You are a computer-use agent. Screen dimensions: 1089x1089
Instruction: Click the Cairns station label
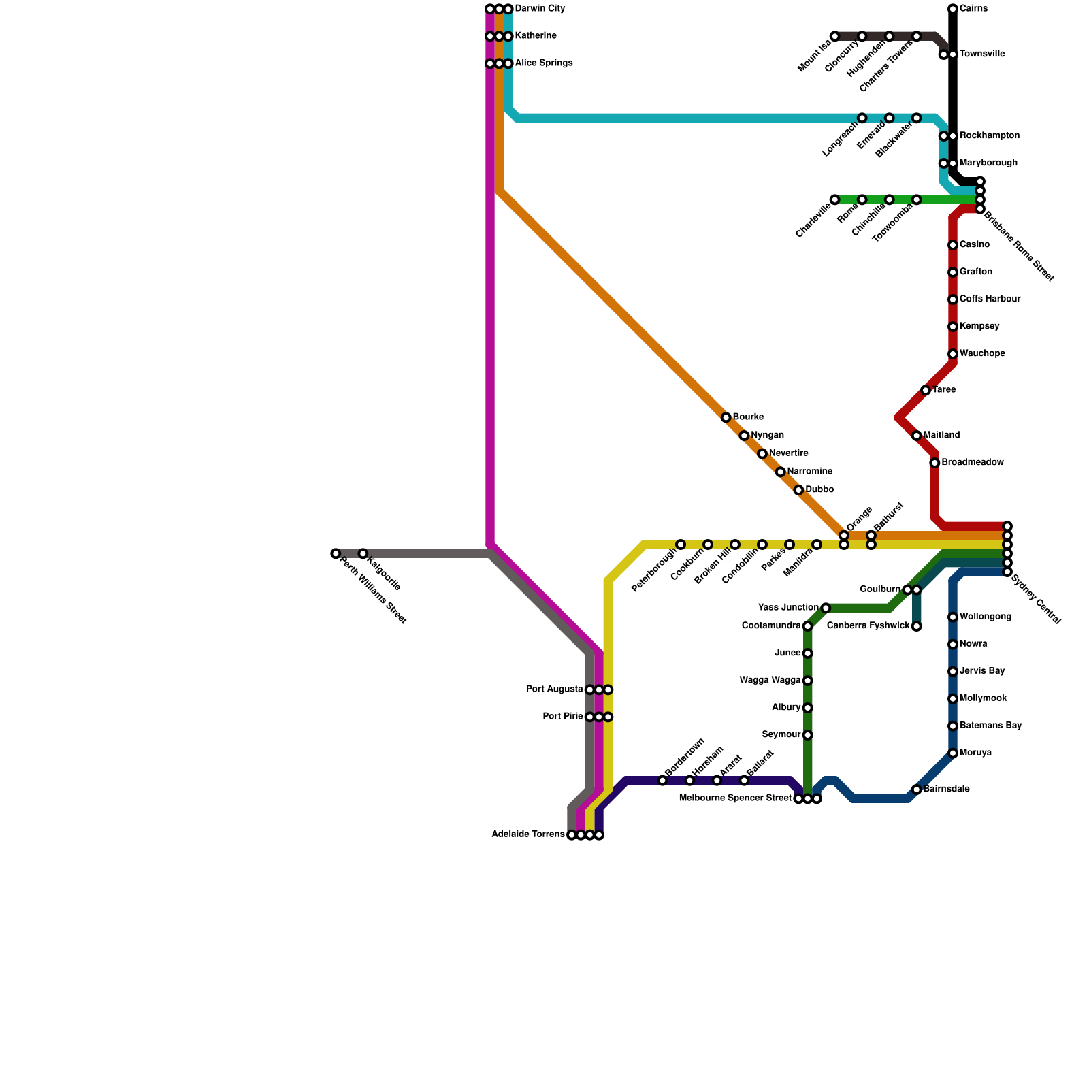[x=973, y=9]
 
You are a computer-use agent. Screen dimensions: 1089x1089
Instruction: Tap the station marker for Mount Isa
[x=835, y=36]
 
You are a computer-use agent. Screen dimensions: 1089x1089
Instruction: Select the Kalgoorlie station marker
[x=363, y=553]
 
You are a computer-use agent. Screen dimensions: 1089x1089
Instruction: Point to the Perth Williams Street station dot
[x=336, y=553]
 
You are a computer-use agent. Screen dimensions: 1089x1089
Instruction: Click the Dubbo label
[x=819, y=489]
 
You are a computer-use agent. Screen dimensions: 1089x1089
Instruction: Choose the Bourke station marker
[x=726, y=417]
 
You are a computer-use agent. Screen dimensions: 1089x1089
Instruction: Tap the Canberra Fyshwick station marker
[x=917, y=626]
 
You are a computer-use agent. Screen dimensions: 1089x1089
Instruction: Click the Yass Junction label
[x=788, y=608]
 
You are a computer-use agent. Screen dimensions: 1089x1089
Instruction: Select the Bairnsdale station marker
[x=917, y=790]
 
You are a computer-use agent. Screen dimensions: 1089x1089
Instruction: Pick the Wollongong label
[x=986, y=617]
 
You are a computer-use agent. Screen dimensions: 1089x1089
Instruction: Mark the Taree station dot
[x=926, y=390]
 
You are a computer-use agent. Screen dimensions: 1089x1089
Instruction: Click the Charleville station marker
[x=835, y=199]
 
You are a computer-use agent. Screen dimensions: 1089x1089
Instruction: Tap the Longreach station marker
[x=862, y=118]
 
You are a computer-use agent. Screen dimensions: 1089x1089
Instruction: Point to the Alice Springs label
[x=544, y=63]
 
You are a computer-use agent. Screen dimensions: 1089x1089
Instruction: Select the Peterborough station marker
[x=681, y=544]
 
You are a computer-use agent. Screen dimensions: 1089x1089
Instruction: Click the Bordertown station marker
[x=663, y=781]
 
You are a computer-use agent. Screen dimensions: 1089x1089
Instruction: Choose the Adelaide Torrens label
[x=528, y=834]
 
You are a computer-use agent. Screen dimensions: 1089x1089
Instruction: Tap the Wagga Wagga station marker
[x=808, y=681]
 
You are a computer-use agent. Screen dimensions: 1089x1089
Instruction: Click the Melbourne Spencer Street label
[x=736, y=798]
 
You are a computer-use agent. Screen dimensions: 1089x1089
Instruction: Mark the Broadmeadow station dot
[x=935, y=463]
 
